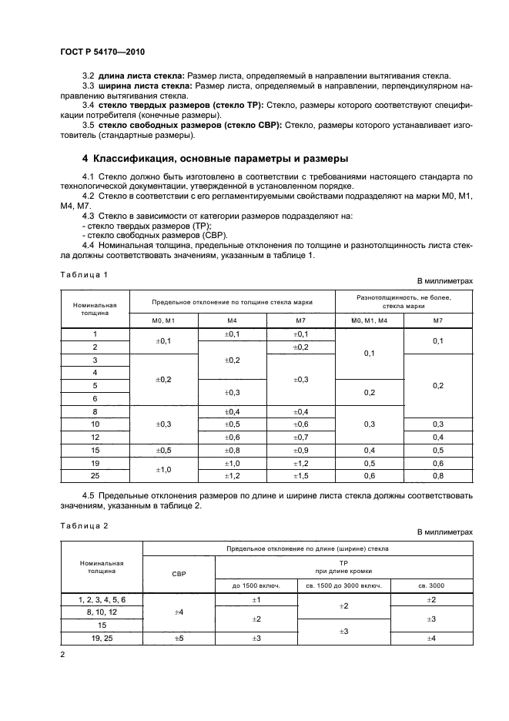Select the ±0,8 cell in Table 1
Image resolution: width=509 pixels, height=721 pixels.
(x=233, y=450)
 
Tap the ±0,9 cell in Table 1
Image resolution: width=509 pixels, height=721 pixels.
(x=301, y=450)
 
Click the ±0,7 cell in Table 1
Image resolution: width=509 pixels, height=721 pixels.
(x=301, y=437)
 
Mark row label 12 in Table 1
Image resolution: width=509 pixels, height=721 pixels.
(x=95, y=437)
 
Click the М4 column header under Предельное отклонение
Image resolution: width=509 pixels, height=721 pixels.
(x=233, y=319)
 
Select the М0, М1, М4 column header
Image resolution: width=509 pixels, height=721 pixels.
(x=369, y=319)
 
